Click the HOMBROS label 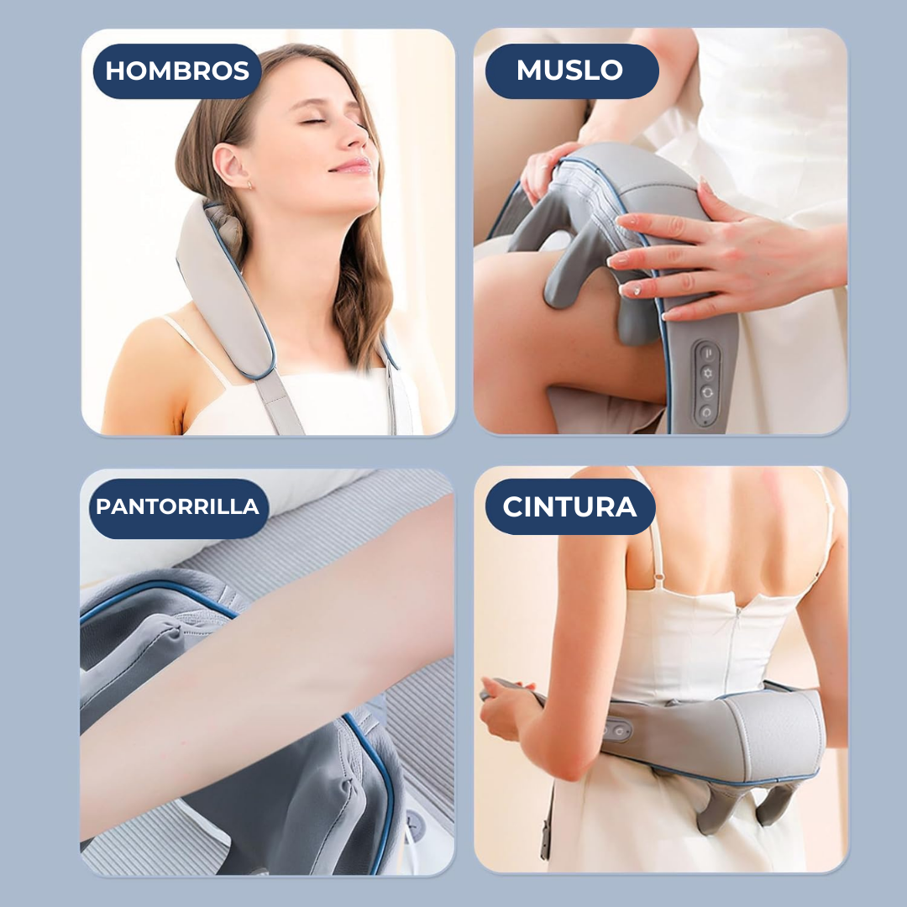point(177,71)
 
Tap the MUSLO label point(570,71)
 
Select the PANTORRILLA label point(177,508)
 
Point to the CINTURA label point(570,508)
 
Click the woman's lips point(351,165)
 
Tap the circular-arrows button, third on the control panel point(705,391)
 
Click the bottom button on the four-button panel point(705,412)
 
